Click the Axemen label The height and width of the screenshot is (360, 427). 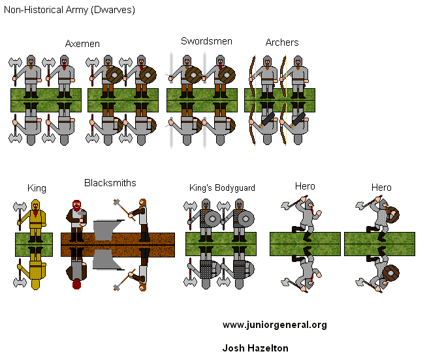(x=82, y=44)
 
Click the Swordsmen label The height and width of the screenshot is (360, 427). (x=206, y=41)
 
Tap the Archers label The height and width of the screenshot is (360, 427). (x=282, y=42)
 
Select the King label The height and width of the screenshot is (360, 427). (x=37, y=188)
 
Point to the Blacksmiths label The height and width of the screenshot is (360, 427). (x=110, y=183)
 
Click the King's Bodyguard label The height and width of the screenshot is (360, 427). (x=222, y=188)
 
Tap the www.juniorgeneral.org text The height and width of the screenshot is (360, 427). (x=274, y=325)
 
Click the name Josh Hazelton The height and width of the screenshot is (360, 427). (x=255, y=348)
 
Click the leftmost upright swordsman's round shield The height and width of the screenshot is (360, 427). (x=193, y=74)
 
